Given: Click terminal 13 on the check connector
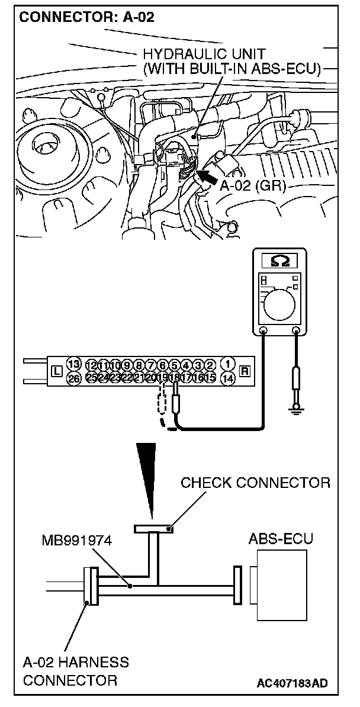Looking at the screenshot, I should [74, 364].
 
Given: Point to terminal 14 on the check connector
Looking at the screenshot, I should [227, 377].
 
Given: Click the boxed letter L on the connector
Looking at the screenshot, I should [57, 371].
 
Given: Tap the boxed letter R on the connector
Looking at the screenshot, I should [244, 371].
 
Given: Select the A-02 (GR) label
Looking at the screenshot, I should [253, 187].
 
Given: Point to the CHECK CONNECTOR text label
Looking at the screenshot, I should [255, 483].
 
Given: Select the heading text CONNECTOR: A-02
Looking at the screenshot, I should [87, 18].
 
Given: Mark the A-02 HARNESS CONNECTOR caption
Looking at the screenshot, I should [75, 671].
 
